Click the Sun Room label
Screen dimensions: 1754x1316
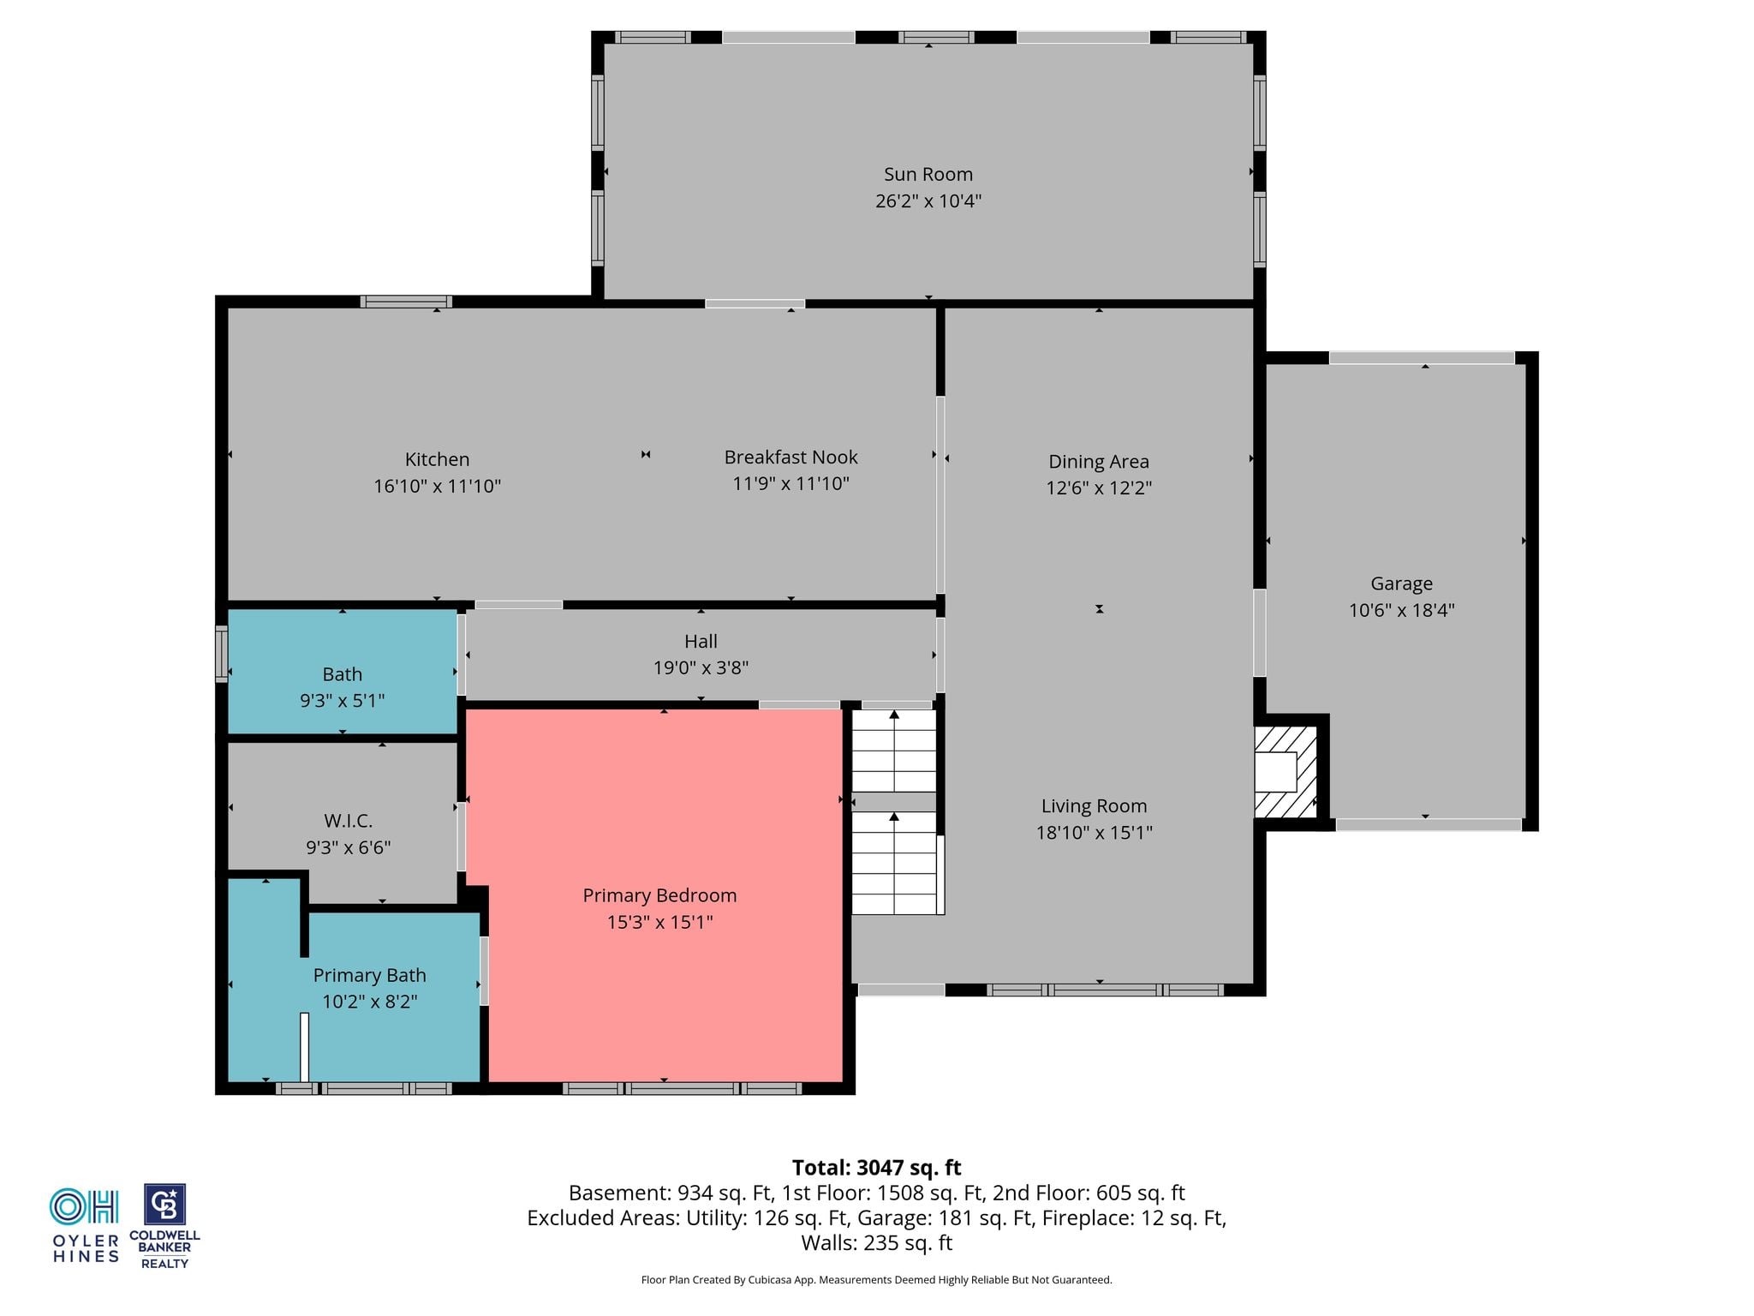click(x=928, y=174)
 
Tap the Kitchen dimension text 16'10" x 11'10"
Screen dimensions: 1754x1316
click(x=437, y=486)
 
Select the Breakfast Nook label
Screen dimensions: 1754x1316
click(x=790, y=457)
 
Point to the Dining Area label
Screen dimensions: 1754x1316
click(x=1099, y=461)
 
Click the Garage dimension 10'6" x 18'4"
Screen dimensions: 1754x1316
click(x=1402, y=610)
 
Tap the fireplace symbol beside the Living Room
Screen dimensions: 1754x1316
click(x=1286, y=771)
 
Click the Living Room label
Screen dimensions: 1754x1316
click(x=1094, y=805)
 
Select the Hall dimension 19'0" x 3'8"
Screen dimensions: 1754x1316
click(x=701, y=667)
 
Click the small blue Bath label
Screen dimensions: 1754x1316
click(x=342, y=674)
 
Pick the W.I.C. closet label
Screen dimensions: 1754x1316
click(x=348, y=821)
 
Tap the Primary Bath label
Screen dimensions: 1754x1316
click(x=369, y=975)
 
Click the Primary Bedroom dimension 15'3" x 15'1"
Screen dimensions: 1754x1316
click(x=659, y=922)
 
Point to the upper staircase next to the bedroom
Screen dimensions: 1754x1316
click(x=893, y=751)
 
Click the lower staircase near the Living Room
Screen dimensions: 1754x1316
click(x=893, y=863)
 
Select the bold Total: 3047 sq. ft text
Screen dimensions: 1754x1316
click(x=876, y=1168)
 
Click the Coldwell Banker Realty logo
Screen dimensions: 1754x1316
click(x=164, y=1226)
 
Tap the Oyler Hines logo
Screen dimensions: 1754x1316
click(x=85, y=1225)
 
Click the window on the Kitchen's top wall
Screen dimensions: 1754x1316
click(x=406, y=302)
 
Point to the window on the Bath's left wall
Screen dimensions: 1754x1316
click(x=221, y=655)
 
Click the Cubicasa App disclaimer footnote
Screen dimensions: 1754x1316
click(x=876, y=1280)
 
